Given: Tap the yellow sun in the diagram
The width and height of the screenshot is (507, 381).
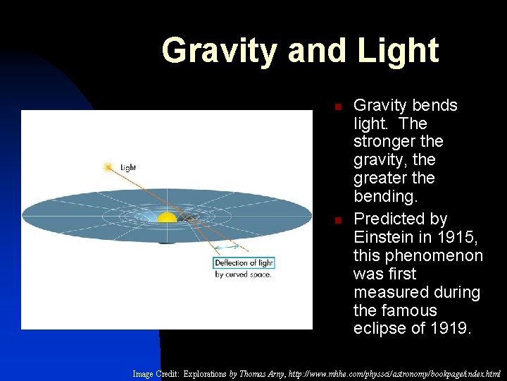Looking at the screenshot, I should click(167, 217).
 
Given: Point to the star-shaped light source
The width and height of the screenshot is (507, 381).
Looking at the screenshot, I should click(108, 167).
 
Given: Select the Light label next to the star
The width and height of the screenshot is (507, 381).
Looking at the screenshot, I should click(128, 168).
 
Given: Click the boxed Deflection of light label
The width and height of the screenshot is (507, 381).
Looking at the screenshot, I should click(244, 263).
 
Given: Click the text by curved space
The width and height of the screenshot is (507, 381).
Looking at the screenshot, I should click(243, 274).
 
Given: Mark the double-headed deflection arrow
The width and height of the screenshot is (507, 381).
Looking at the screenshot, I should click(227, 248).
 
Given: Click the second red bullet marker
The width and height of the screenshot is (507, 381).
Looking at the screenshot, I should click(337, 221).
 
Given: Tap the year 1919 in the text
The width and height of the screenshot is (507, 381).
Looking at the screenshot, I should click(449, 329).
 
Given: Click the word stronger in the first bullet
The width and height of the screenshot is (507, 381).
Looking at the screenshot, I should click(386, 142).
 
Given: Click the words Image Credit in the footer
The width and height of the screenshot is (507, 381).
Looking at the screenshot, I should click(156, 373).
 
